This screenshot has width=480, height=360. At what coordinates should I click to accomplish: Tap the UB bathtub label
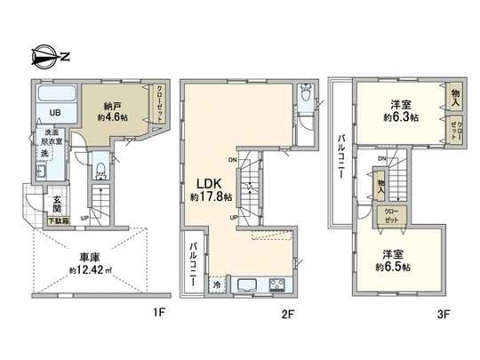click(55, 113)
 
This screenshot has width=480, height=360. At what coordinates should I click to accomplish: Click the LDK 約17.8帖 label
click(211, 190)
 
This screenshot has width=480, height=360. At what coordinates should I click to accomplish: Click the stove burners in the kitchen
click(277, 285)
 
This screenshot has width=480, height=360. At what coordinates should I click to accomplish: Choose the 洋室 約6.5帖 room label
click(392, 259)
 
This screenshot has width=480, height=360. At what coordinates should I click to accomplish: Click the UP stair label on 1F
click(85, 215)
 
